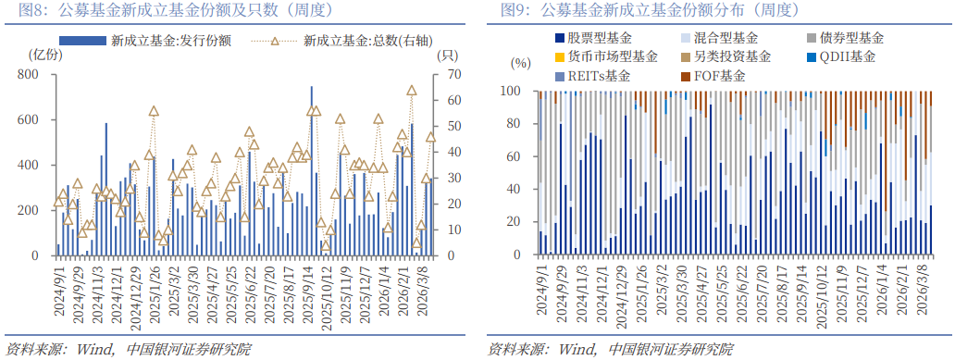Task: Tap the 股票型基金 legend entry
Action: pos(599,38)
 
